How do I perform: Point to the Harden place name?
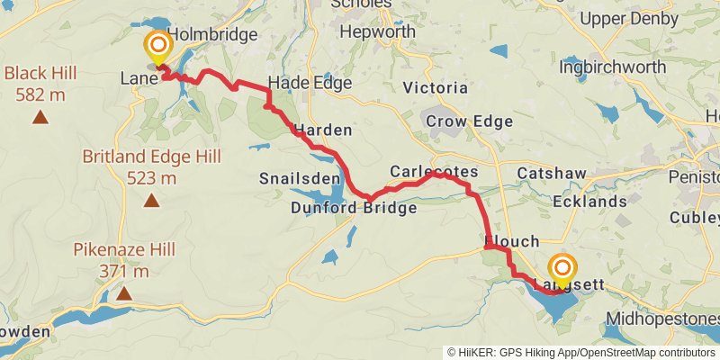point(322,130)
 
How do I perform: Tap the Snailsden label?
point(292,175)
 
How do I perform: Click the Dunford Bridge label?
point(354,208)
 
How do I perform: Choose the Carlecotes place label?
point(434,171)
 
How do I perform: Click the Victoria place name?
point(436,87)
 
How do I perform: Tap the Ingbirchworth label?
point(613,67)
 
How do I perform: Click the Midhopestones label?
point(662,319)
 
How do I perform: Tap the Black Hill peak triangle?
point(40,116)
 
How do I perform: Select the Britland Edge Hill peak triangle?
point(151,201)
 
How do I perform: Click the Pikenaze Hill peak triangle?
point(123,292)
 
